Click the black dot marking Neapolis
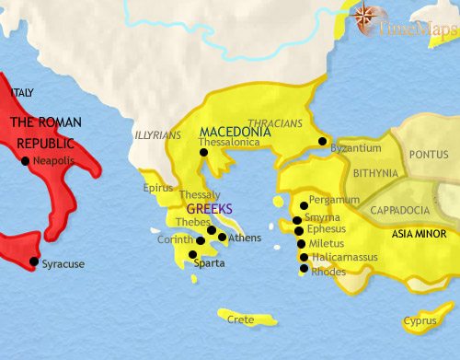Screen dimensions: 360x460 (x=24, y=161)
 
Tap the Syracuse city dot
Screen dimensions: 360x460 (x=34, y=262)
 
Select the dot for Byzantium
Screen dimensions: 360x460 (x=322, y=141)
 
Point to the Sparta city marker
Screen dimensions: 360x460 (x=191, y=254)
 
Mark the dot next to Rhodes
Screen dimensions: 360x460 (x=305, y=270)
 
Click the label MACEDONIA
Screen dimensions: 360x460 (x=235, y=133)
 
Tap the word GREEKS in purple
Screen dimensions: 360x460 (x=211, y=208)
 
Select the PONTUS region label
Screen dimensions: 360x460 (x=429, y=156)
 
